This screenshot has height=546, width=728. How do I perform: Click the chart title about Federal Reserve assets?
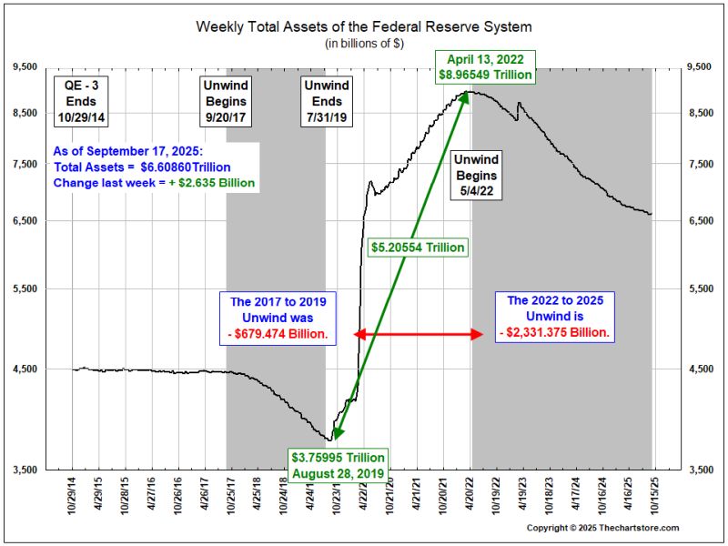click(363, 25)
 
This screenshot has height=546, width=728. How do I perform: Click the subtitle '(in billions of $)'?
click(363, 43)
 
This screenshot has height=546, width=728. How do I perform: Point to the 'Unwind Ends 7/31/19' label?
click(326, 101)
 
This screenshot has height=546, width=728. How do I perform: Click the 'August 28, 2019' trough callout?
click(338, 465)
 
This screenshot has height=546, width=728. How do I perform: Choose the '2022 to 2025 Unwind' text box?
click(555, 317)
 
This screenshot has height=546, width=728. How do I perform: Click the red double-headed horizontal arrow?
click(418, 334)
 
